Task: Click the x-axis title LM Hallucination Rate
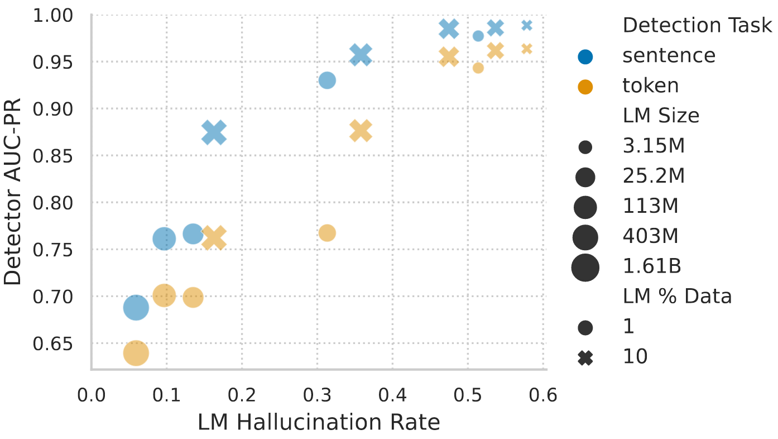(319, 423)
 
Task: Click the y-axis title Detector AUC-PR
(12, 192)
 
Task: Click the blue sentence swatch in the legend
(585, 56)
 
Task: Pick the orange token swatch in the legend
(585, 87)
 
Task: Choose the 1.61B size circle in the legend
(585, 267)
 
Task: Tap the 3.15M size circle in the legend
(585, 147)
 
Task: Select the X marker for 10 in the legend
(585, 357)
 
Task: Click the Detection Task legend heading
(697, 26)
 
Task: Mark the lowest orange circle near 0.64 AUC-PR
(136, 353)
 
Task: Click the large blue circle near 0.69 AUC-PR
(136, 308)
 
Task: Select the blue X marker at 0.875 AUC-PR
(214, 132)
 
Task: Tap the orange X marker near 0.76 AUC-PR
(214, 238)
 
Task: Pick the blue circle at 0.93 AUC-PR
(327, 80)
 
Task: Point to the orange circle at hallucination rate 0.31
(327, 233)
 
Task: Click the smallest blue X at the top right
(527, 25)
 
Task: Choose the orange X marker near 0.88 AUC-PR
(361, 131)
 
